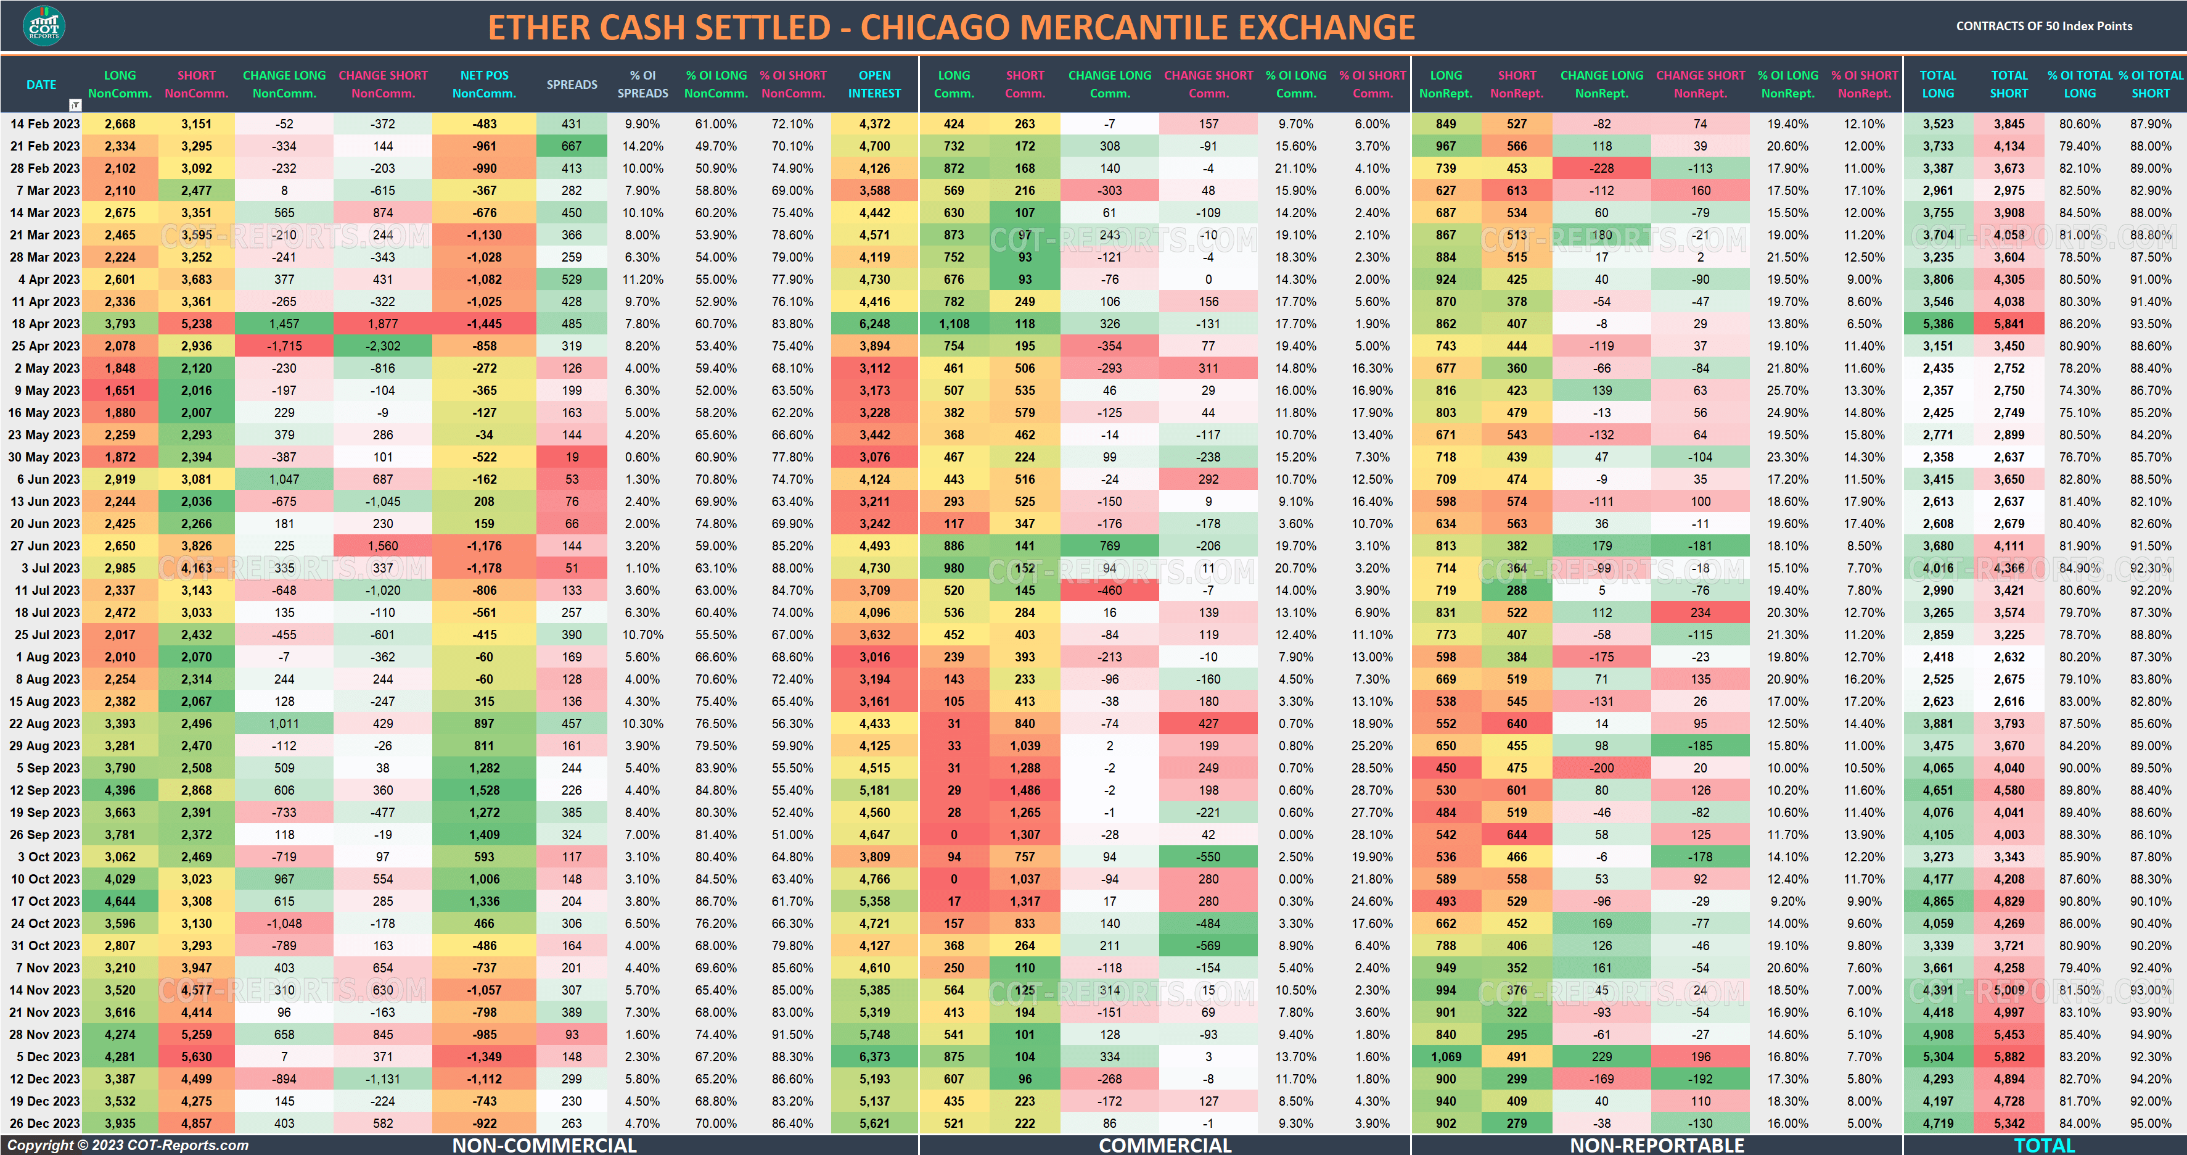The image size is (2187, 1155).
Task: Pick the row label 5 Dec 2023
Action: (x=48, y=1056)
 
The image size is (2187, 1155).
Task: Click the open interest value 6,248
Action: (x=874, y=323)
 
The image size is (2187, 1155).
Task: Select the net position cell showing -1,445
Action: (x=484, y=323)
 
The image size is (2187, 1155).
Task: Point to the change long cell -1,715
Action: (x=284, y=346)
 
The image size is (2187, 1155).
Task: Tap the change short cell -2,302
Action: (x=383, y=346)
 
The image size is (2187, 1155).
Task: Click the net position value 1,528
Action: (x=484, y=790)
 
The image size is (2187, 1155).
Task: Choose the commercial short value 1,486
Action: (x=1025, y=790)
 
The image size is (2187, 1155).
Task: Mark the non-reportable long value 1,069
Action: (x=1446, y=1056)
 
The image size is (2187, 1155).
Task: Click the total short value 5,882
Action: (x=2009, y=1056)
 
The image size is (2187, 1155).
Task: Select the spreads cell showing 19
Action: (x=572, y=457)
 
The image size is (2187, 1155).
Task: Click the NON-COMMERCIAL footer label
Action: (x=544, y=1145)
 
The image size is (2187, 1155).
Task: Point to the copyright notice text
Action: (x=128, y=1145)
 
